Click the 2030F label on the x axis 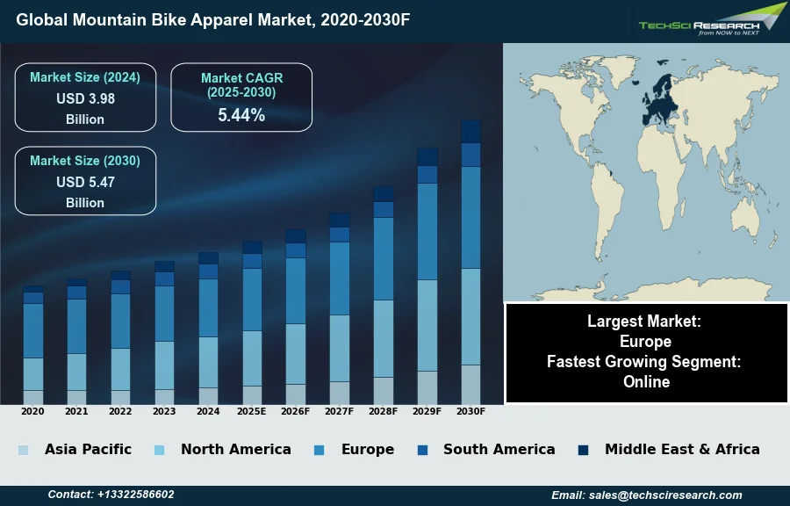[x=470, y=411]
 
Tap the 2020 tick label [x=32, y=411]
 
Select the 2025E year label [x=252, y=411]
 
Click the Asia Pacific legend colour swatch [x=23, y=450]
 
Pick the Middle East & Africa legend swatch [x=583, y=450]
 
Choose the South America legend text [x=499, y=449]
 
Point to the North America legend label [x=235, y=449]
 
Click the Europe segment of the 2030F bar [x=470, y=217]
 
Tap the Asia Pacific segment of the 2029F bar [x=427, y=387]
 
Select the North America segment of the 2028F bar [x=384, y=338]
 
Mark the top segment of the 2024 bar [x=208, y=258]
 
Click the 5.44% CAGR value [x=241, y=115]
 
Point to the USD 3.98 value [x=85, y=98]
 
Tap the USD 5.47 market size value [x=85, y=182]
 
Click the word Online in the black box [x=646, y=382]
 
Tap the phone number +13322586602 [x=135, y=495]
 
